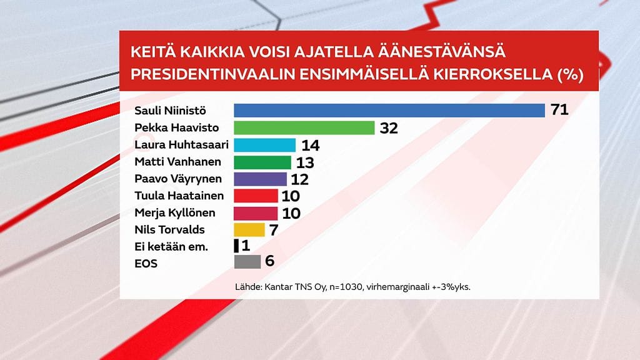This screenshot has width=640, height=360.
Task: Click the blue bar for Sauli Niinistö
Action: [389, 111]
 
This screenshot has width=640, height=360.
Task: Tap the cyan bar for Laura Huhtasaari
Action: [264, 145]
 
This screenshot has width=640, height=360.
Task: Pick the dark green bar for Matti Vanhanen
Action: [262, 162]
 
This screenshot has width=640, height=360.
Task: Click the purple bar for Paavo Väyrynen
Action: [260, 179]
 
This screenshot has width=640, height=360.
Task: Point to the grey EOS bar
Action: [247, 262]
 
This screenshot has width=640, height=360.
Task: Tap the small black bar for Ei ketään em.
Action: [236, 246]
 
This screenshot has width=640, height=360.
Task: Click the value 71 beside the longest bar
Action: [559, 111]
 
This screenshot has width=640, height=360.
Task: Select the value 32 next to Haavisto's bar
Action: [388, 128]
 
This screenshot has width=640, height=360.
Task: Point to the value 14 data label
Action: [310, 145]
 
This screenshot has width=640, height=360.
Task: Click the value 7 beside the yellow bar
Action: [274, 229]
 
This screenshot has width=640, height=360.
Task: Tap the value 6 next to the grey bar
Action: [269, 261]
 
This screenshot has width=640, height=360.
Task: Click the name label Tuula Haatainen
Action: [174, 196]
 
